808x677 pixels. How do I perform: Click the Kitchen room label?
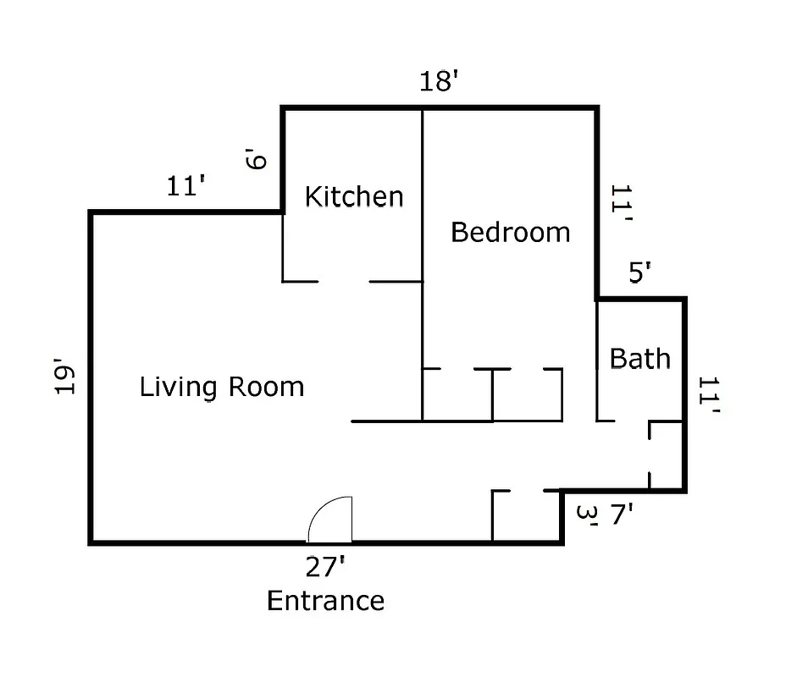tap(353, 197)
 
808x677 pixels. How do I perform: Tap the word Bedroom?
tap(510, 232)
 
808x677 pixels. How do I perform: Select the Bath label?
tap(639, 359)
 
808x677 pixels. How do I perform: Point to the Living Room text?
tap(221, 388)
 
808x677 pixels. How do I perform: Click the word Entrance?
tap(325, 601)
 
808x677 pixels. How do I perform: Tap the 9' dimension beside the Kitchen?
tap(257, 158)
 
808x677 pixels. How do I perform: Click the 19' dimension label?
tap(66, 378)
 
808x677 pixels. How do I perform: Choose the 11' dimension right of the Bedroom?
tap(622, 205)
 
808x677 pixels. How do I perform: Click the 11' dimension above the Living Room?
tap(187, 186)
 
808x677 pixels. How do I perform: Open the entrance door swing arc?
tap(330, 520)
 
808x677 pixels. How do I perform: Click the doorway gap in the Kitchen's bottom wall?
tap(343, 281)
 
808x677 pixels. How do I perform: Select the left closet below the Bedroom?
tap(457, 395)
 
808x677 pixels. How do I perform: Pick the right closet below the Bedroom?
tap(528, 395)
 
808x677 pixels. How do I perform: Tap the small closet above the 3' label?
tap(526, 515)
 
